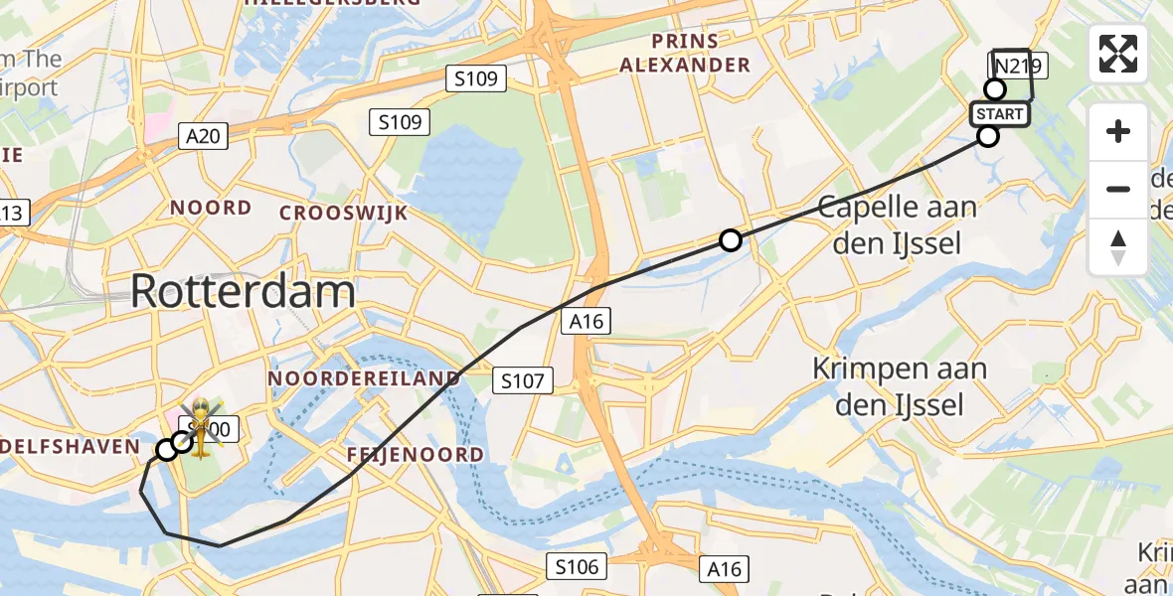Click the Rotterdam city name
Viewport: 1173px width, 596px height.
[243, 292]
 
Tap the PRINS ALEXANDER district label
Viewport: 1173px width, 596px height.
[685, 54]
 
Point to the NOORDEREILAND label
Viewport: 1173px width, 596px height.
[364, 378]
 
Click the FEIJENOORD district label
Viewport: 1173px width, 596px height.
[416, 455]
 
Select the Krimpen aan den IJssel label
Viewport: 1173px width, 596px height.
[900, 386]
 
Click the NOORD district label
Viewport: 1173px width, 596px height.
[211, 208]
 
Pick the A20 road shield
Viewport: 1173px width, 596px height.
[204, 136]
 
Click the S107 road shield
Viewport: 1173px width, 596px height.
[523, 379]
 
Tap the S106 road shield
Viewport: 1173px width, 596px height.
[577, 567]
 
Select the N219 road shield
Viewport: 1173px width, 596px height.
[1018, 67]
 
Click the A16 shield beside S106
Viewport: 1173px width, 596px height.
[724, 568]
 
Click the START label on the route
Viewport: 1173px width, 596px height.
[1000, 114]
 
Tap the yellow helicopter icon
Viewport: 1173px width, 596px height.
[201, 430]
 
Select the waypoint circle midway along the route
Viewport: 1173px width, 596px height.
[731, 240]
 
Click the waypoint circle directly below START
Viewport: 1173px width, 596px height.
[987, 136]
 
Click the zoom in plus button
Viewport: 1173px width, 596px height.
[1118, 131]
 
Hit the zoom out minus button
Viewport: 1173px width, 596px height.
[1118, 189]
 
